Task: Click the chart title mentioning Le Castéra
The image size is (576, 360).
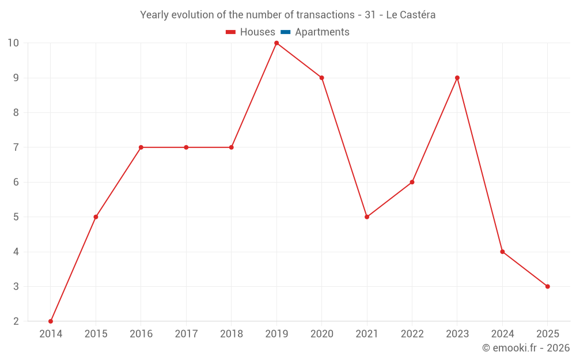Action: (287, 15)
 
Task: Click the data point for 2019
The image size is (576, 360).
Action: (276, 43)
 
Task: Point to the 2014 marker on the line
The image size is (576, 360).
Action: (51, 321)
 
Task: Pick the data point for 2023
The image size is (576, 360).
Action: (457, 78)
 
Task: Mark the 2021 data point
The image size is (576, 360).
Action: (367, 217)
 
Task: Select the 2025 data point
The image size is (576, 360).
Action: (547, 286)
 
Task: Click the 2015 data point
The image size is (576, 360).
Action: (96, 217)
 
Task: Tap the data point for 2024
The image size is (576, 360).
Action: (502, 252)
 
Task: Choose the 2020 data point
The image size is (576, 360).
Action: (321, 78)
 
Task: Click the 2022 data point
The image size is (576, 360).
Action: (412, 182)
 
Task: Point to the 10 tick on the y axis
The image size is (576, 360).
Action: (13, 43)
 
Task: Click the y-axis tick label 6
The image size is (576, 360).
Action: (16, 182)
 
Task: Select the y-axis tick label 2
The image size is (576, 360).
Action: (16, 321)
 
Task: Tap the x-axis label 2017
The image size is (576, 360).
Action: (186, 334)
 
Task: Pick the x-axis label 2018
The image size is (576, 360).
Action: (231, 334)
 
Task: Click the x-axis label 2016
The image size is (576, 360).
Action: (141, 334)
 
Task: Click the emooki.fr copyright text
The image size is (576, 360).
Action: (525, 348)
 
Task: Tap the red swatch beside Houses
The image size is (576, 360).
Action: (231, 32)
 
